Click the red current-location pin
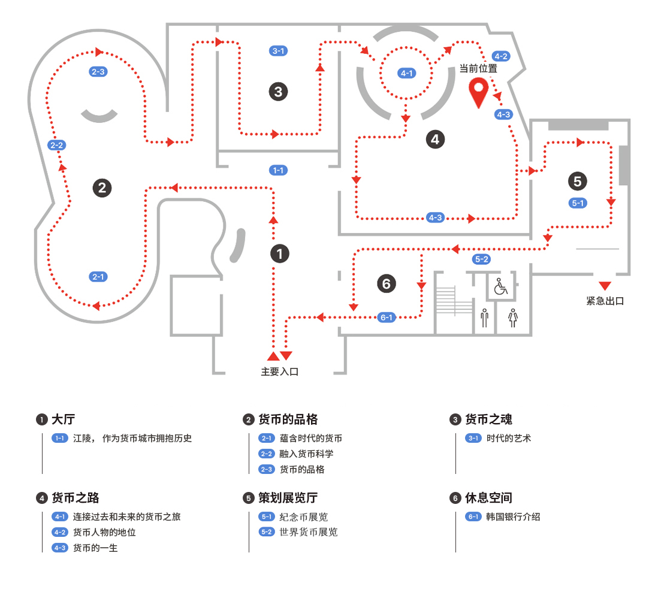point(478,92)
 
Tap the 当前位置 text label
point(478,68)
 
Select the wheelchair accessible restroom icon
point(500,286)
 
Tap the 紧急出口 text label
point(605,301)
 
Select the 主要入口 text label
point(279,371)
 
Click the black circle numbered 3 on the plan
point(278,92)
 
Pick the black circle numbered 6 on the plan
point(387,283)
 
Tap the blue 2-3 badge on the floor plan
point(98,72)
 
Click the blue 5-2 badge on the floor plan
point(481,259)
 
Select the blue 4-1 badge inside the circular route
point(406,73)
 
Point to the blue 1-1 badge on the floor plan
point(278,170)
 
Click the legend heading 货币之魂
point(488,419)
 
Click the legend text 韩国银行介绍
point(513,516)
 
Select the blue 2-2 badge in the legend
point(267,454)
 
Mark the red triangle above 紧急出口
point(605,285)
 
